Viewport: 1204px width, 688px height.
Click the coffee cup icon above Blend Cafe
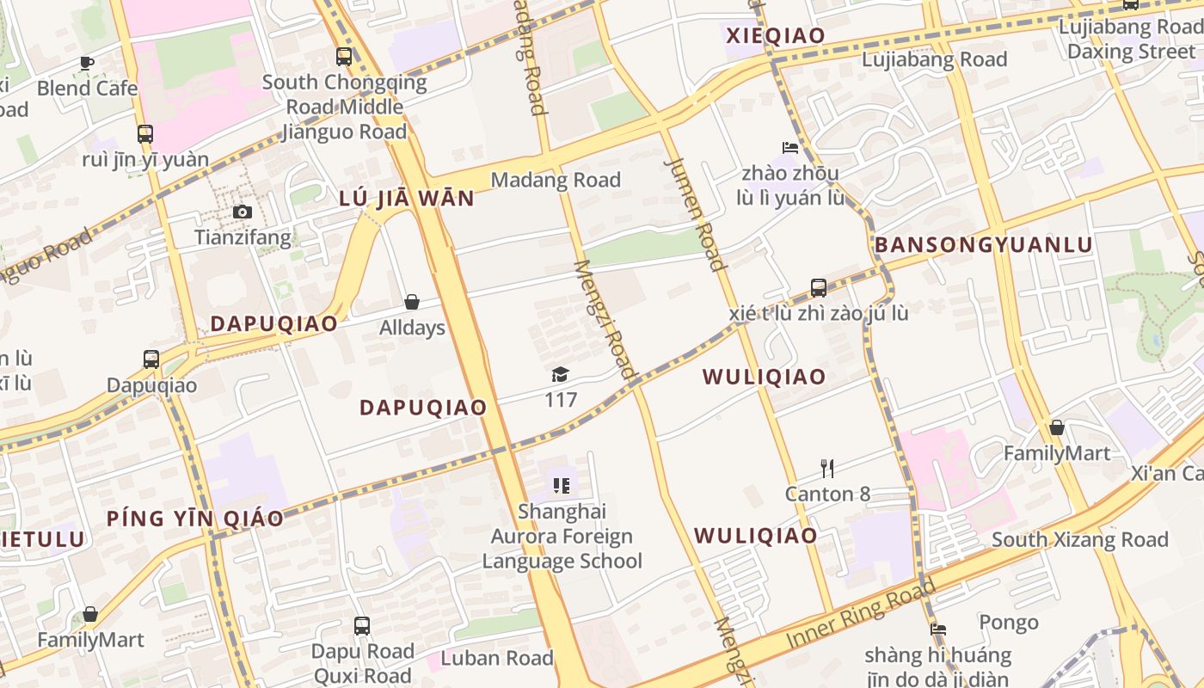point(87,62)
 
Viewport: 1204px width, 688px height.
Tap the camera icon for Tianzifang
point(243,212)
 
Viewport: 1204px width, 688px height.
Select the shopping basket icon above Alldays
point(412,302)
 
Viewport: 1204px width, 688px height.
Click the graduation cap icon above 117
point(561,374)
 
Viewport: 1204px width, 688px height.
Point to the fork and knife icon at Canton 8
point(827,468)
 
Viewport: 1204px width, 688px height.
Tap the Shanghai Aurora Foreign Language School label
point(562,536)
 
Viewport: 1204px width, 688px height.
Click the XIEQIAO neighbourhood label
point(776,35)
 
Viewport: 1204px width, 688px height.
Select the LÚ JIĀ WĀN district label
point(407,199)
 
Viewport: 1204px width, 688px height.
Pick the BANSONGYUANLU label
point(983,245)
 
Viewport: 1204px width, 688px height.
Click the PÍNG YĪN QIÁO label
point(195,519)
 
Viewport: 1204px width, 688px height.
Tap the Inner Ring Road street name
point(861,616)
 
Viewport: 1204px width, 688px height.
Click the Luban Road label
point(497,659)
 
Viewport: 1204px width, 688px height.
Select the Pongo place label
point(1009,622)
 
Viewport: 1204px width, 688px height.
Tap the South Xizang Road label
point(1079,540)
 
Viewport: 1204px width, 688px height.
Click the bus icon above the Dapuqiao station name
point(151,359)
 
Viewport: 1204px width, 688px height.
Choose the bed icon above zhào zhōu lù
point(789,147)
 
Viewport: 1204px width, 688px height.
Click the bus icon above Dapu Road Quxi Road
point(362,625)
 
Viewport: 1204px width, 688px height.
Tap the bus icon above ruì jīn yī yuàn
point(145,133)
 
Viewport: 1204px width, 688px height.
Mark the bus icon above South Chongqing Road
point(344,57)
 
